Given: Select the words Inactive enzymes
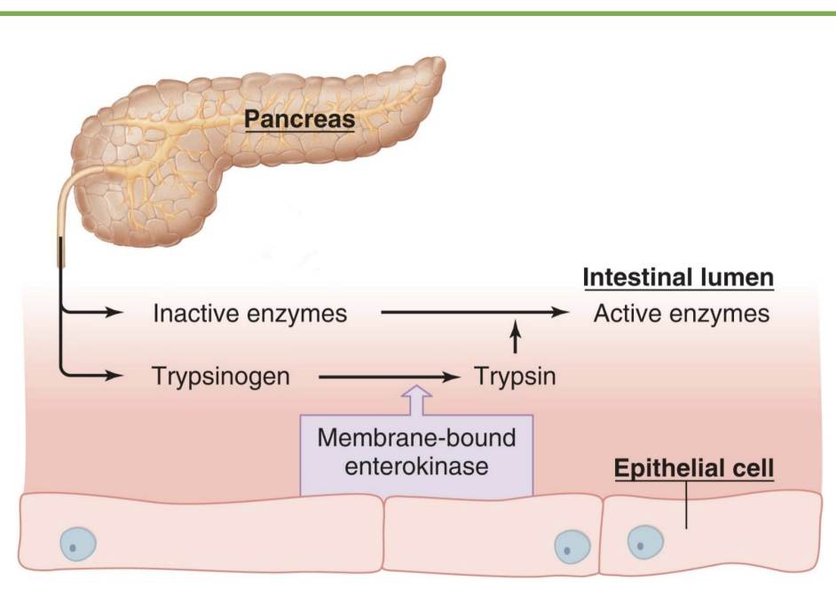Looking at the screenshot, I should (249, 314).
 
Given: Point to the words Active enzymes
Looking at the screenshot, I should (682, 314).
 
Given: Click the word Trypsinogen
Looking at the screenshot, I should (221, 376).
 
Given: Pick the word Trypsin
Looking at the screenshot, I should (514, 376).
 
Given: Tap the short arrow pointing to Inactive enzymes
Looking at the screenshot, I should (92, 313).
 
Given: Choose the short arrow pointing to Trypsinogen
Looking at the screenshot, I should (92, 375).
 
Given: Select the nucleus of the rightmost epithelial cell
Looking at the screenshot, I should (643, 541).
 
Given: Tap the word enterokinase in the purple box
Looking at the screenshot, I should (417, 466).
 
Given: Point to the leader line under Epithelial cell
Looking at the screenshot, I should (686, 506).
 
